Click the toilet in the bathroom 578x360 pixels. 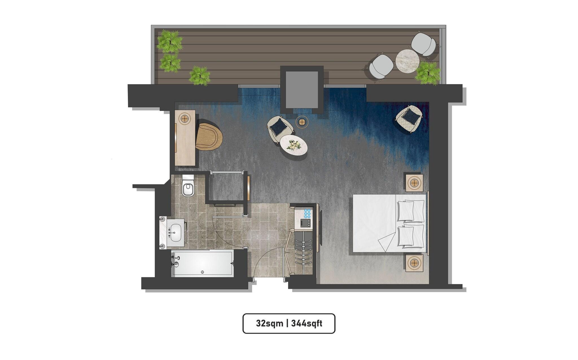[x=188, y=187]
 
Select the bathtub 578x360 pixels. [x=202, y=263]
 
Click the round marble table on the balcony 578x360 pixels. [x=407, y=61]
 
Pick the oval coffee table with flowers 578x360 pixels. [x=294, y=145]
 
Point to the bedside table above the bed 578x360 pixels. [x=414, y=183]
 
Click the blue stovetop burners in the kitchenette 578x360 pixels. [x=307, y=214]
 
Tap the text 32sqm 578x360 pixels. [x=270, y=323]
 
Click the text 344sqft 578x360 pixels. [x=307, y=323]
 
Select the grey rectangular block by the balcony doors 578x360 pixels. [x=302, y=90]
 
